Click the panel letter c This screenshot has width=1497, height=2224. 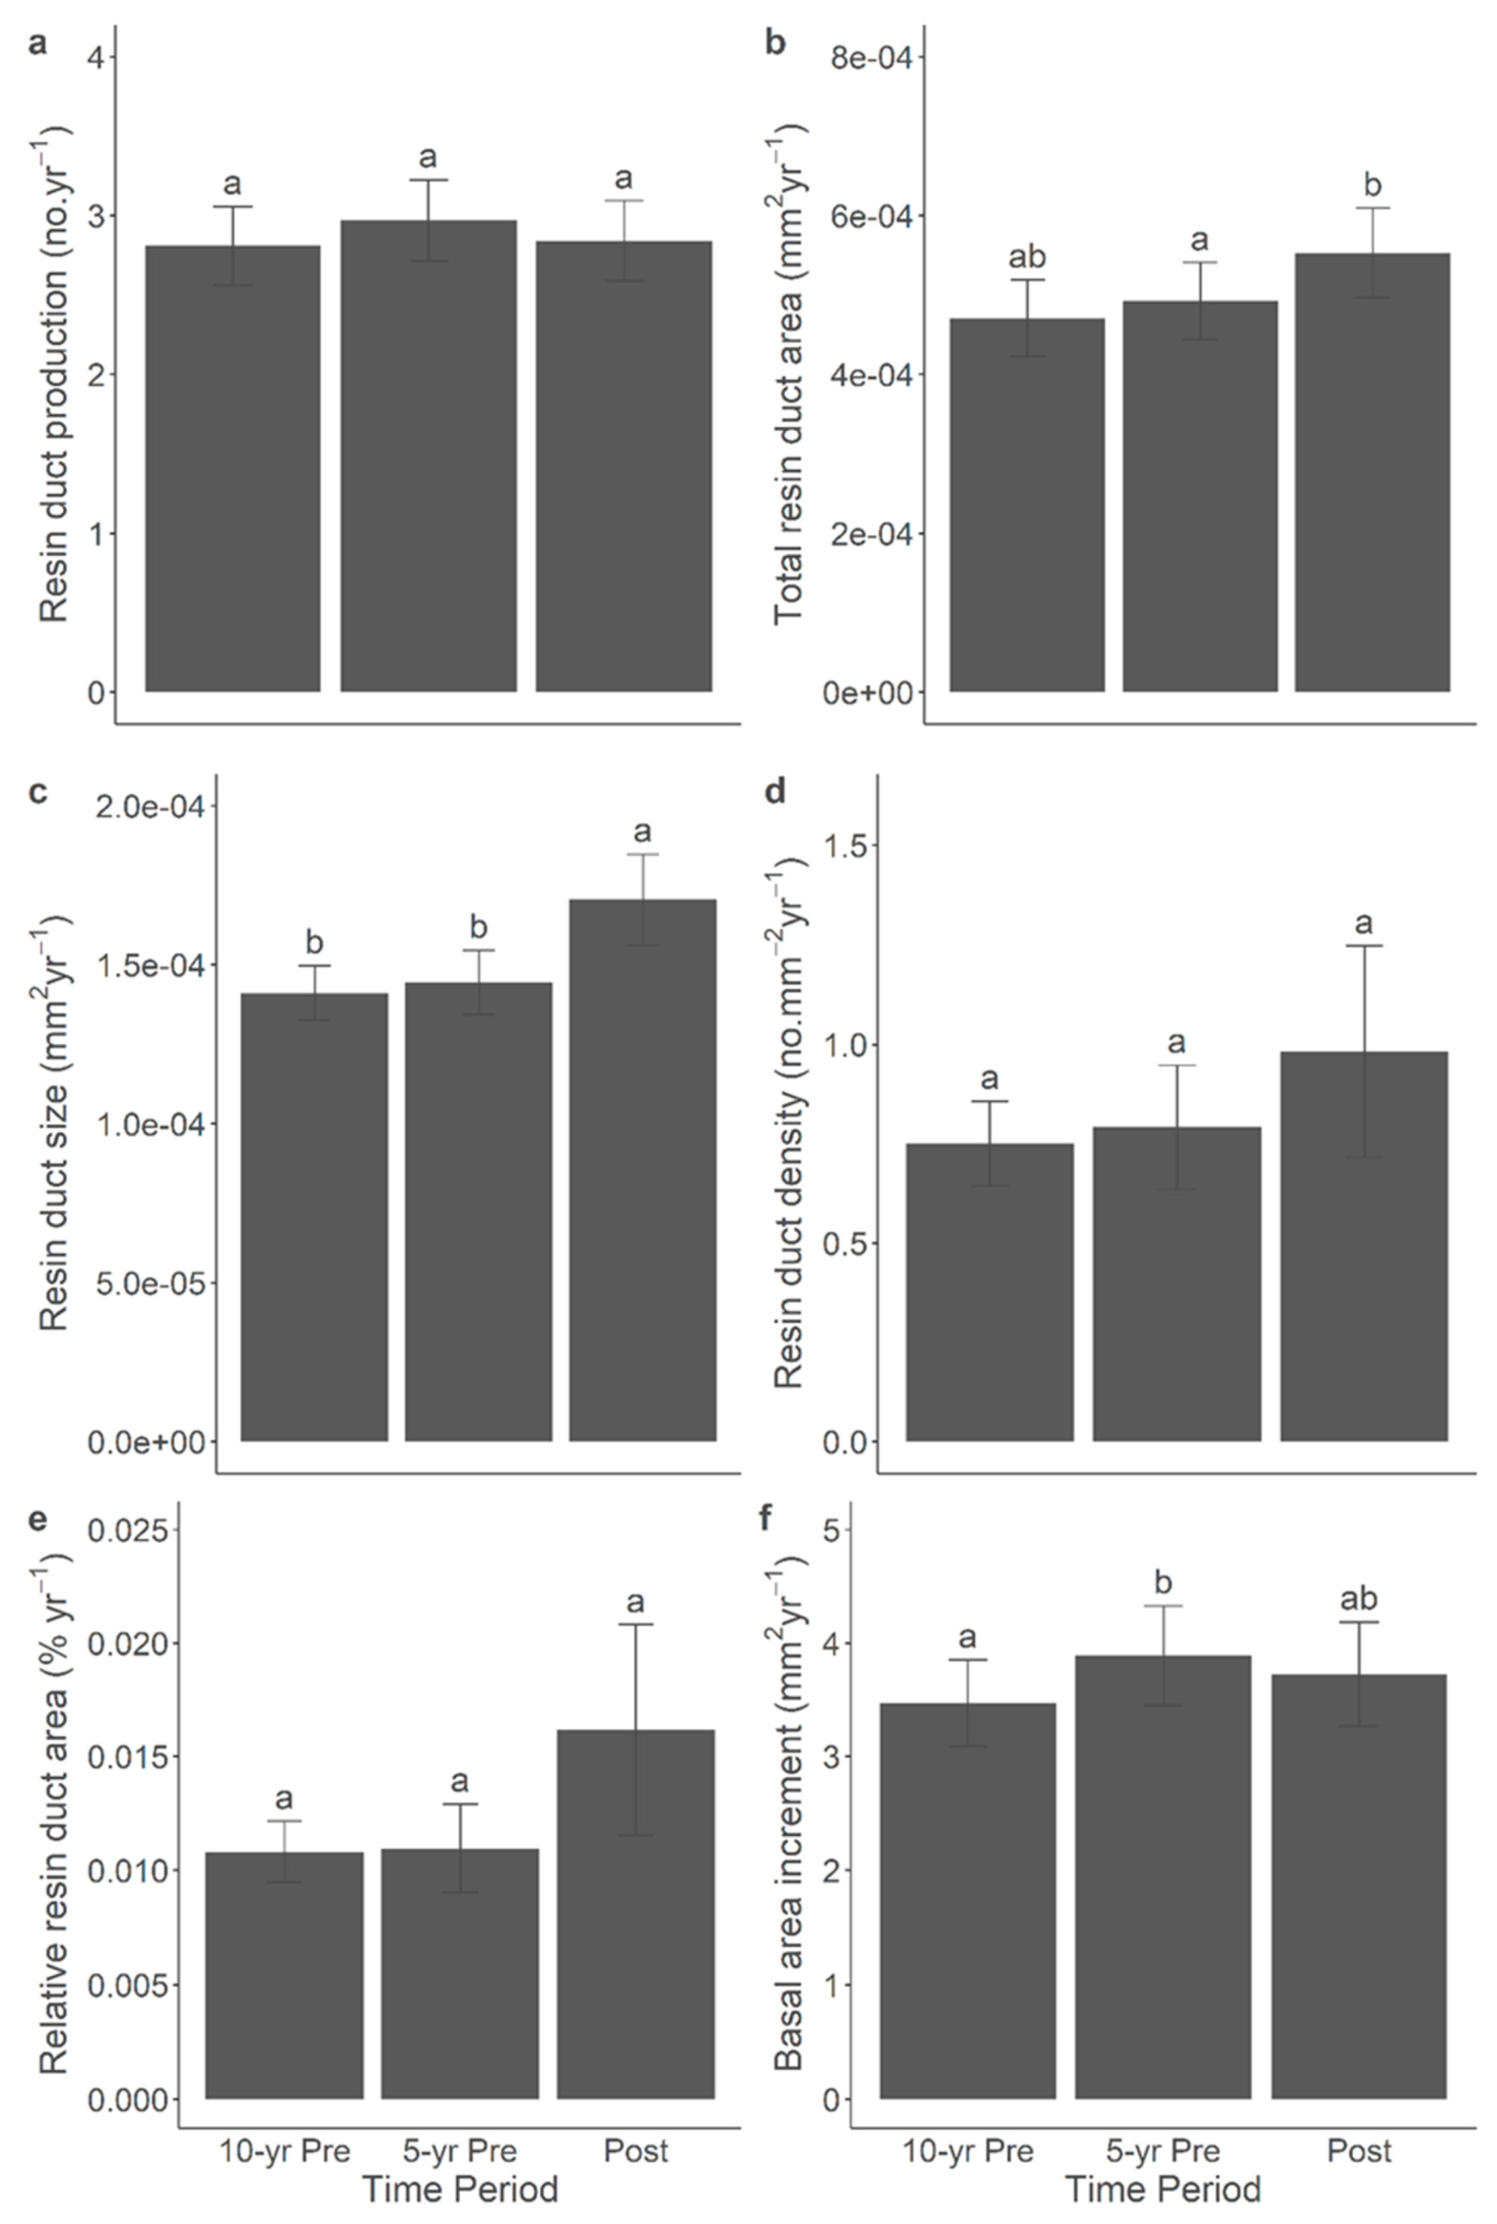click(x=37, y=792)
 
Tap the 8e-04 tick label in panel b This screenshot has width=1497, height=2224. click(x=869, y=57)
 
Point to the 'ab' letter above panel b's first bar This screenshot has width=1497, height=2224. click(x=1027, y=257)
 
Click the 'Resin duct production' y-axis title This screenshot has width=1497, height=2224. click(x=55, y=372)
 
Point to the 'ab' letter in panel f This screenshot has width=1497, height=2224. click(x=1359, y=1598)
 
